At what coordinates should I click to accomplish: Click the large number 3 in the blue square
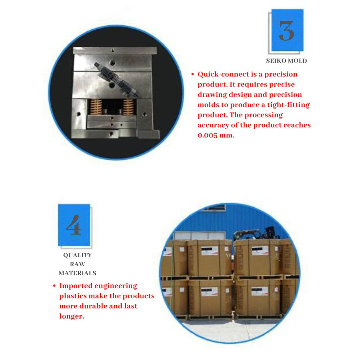tap(286, 31)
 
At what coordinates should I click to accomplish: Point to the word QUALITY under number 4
tap(77, 255)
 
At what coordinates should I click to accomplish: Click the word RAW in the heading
tap(77, 264)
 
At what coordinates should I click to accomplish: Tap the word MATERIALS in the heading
tap(77, 273)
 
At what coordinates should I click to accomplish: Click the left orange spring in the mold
tap(96, 107)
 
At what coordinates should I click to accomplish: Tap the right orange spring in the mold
tap(129, 107)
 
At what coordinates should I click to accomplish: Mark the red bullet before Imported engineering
tap(54, 286)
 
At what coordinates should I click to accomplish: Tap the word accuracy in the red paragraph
tap(213, 126)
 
